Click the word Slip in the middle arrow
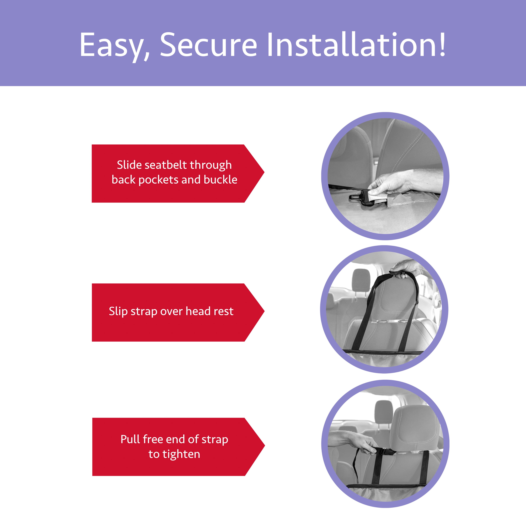(x=118, y=311)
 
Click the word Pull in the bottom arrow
(x=130, y=439)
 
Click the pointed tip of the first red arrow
(x=264, y=172)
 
